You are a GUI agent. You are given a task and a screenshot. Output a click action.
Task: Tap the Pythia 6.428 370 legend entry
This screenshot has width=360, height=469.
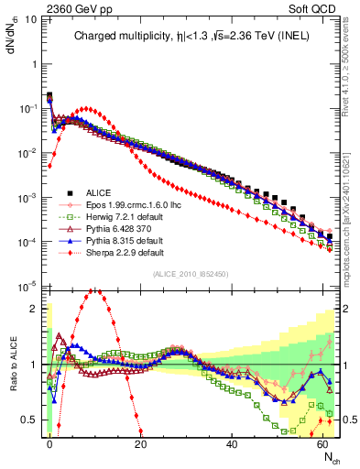[112, 229]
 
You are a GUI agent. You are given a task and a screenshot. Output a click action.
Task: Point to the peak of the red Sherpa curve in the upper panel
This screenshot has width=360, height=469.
[86, 108]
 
